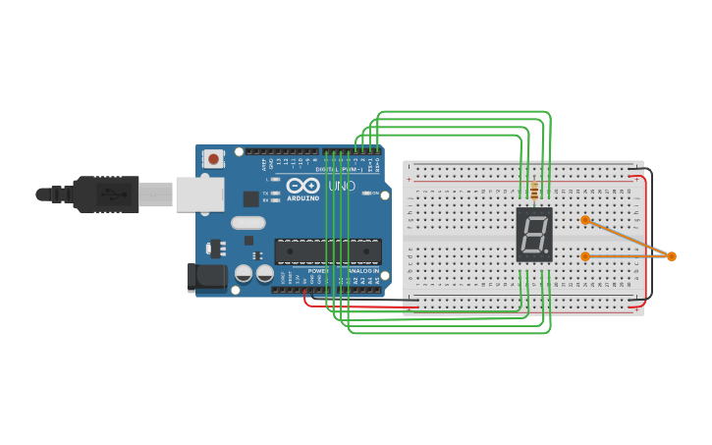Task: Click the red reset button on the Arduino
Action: [213, 157]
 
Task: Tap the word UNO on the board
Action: [341, 185]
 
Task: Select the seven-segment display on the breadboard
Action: [534, 234]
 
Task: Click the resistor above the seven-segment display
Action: [533, 191]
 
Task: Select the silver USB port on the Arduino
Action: [199, 194]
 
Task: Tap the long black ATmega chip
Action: [328, 251]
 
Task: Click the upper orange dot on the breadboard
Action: [585, 220]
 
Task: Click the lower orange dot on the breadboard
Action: [585, 256]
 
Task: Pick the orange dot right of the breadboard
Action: [672, 256]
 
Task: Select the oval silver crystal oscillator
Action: [248, 222]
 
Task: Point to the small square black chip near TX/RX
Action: [251, 198]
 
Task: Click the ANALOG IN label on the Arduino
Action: [360, 270]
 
